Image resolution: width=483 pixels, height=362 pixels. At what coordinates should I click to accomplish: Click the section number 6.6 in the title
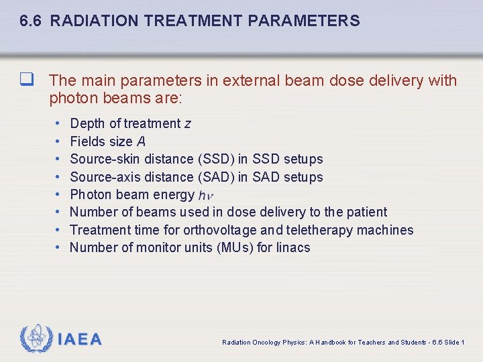pyautogui.click(x=32, y=21)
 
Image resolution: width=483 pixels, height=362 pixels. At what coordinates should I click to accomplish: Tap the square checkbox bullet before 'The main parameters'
pyautogui.click(x=26, y=80)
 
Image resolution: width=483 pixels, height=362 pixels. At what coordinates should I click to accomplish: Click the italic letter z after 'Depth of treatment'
pyautogui.click(x=188, y=123)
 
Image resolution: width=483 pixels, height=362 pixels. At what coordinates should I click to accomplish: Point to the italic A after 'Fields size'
pyautogui.click(x=141, y=141)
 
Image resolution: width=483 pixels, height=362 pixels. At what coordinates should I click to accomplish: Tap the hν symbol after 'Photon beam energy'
pyautogui.click(x=206, y=196)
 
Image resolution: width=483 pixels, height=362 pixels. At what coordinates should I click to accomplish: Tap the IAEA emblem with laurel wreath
pyautogui.click(x=36, y=339)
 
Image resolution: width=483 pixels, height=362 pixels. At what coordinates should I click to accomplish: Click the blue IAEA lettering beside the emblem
pyautogui.click(x=80, y=339)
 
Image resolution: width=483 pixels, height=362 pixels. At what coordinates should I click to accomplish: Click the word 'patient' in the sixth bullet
pyautogui.click(x=366, y=213)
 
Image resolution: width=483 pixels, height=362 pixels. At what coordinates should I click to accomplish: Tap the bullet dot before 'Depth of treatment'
pyautogui.click(x=58, y=123)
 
